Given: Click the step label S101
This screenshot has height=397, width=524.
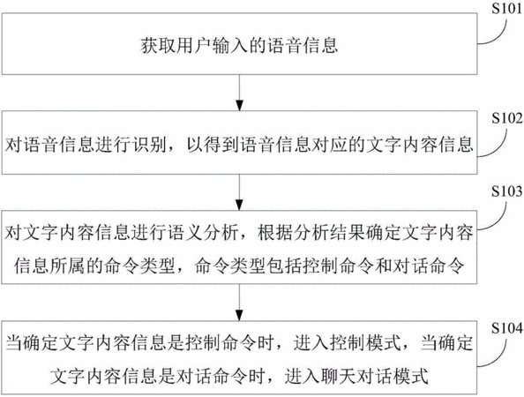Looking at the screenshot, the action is point(506,9).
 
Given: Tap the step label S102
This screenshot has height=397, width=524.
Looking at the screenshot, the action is point(506,118).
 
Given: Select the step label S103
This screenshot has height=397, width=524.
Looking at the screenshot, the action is point(506,191).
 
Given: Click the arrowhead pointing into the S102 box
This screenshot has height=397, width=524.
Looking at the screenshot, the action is point(239,105).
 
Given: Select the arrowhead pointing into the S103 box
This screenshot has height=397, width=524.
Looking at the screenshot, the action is point(239,205).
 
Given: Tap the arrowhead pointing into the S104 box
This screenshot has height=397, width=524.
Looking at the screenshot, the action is point(239,316).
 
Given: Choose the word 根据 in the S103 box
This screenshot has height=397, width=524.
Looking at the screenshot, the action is point(274,233).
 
